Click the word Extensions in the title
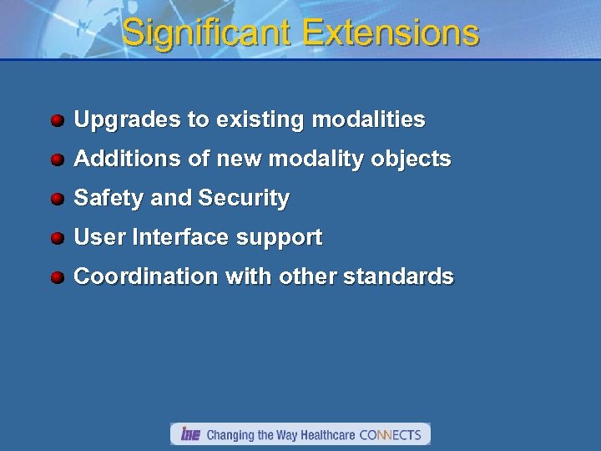[391, 33]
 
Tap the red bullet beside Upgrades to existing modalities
[57, 120]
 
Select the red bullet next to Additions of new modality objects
[57, 160]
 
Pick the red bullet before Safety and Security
[57, 199]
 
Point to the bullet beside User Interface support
[57, 238]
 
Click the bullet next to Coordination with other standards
[57, 277]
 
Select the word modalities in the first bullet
[368, 119]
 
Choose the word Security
[244, 199]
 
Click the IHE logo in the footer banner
[189, 434]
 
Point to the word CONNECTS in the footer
[390, 435]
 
